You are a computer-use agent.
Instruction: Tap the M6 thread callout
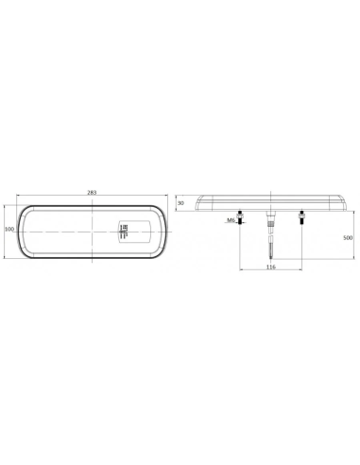[231, 220]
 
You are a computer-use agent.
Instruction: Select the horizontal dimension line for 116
[255, 273]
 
